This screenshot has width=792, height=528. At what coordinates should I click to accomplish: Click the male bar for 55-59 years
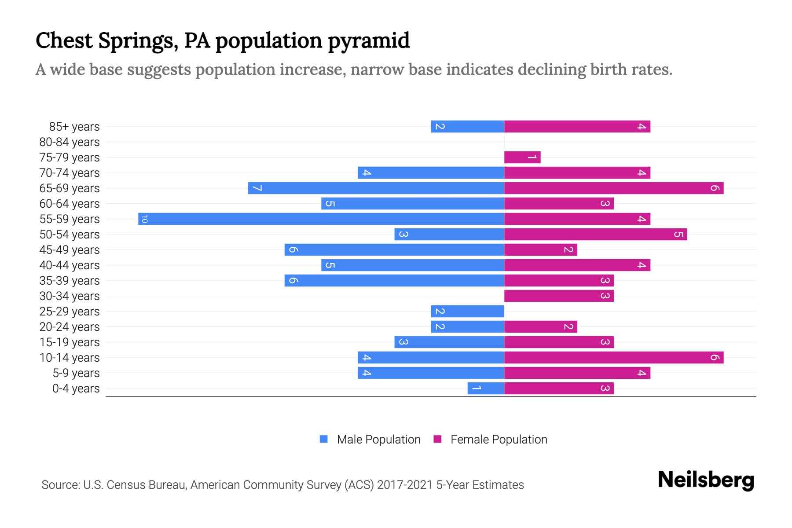(321, 219)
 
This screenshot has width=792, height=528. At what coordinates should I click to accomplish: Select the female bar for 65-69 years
(613, 188)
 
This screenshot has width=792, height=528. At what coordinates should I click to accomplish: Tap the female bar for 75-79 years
(522, 157)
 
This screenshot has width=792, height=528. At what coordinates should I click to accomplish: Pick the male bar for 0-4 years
(485, 388)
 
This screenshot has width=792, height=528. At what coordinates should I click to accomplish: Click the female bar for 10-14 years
(613, 357)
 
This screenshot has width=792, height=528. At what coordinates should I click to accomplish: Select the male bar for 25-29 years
(467, 311)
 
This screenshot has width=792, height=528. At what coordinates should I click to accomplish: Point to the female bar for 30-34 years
(558, 296)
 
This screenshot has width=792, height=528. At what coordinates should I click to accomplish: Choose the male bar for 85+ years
(467, 126)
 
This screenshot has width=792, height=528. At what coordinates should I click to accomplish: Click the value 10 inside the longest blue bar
(144, 219)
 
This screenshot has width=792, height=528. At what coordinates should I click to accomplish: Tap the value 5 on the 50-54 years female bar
(678, 234)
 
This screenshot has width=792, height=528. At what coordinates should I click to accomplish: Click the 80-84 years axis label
(70, 142)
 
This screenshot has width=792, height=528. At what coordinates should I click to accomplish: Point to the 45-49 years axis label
(70, 250)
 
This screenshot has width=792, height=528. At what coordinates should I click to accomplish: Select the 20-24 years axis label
(70, 327)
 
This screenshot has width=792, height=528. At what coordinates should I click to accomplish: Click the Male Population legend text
(378, 439)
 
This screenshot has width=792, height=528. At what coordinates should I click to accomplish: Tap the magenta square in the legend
(437, 439)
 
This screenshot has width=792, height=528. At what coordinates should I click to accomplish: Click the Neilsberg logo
(706, 480)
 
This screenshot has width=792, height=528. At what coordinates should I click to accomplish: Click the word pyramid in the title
(369, 41)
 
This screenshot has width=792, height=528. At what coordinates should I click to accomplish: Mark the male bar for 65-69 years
(376, 188)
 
